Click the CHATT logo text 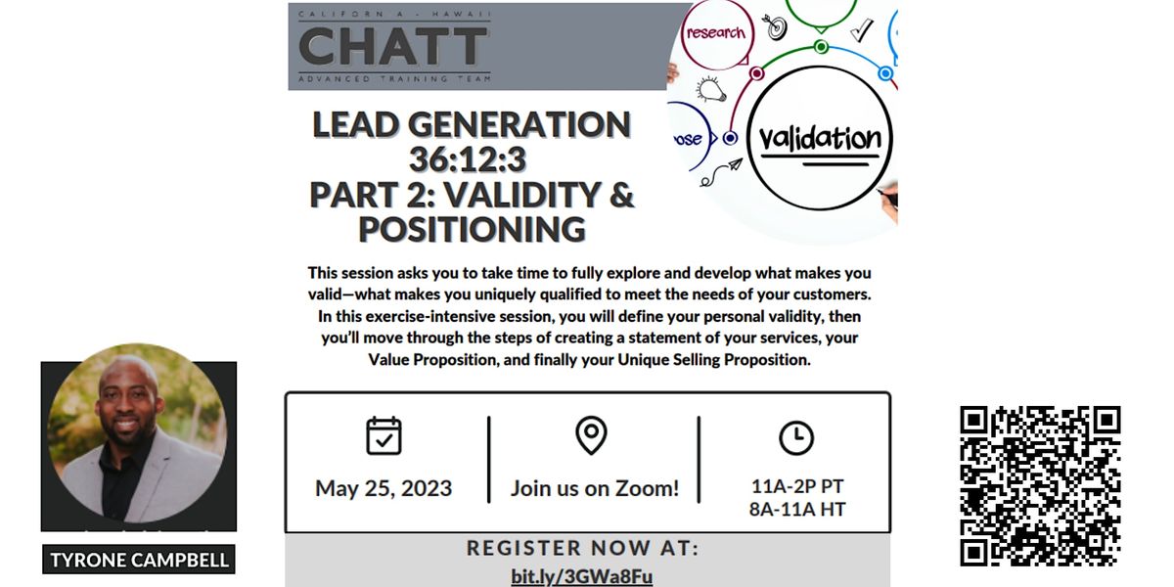[393, 45]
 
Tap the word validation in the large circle [820, 138]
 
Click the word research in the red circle [715, 32]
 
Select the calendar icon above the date [384, 435]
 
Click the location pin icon [591, 435]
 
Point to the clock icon [796, 437]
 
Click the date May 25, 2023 [384, 488]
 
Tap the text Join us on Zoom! [594, 488]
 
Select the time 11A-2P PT [797, 486]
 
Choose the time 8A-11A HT [797, 509]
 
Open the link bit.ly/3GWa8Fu [581, 576]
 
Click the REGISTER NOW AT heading [583, 548]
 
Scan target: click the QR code [1039, 486]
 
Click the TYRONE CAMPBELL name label [140, 560]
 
